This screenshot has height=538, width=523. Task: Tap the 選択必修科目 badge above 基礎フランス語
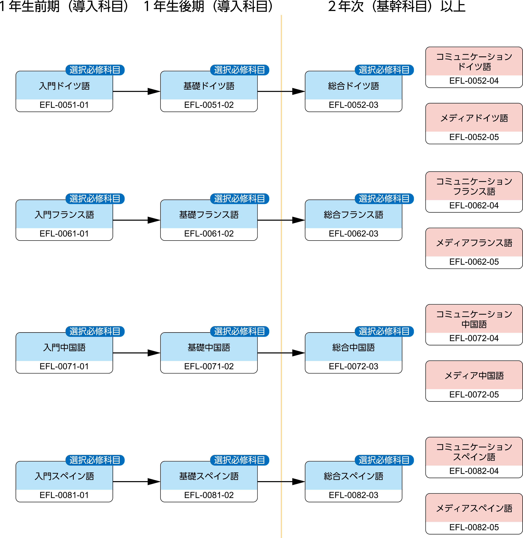coord(239,199)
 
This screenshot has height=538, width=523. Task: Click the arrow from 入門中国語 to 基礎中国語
coord(137,353)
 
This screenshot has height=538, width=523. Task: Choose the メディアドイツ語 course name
coord(474,118)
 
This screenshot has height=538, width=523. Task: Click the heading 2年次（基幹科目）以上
coord(396,7)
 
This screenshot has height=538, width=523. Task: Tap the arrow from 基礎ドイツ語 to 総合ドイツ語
coord(281,91)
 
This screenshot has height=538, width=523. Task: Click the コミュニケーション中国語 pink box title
coord(474,319)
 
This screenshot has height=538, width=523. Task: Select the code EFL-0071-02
coord(209,366)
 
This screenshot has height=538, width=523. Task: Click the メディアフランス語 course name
coord(474,243)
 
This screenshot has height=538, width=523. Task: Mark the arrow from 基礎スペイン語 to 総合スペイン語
coord(281,482)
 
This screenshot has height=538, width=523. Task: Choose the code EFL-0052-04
coord(474,81)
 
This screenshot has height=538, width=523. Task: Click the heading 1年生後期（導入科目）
coord(209,7)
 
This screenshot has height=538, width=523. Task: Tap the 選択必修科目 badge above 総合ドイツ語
coord(384,70)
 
